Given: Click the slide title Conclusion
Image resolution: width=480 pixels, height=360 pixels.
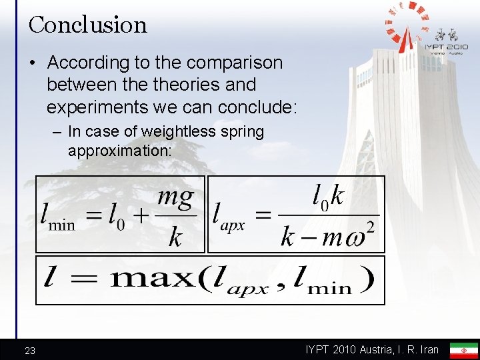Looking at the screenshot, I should point(87,25).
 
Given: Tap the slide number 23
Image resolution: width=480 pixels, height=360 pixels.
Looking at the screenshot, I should point(31,351).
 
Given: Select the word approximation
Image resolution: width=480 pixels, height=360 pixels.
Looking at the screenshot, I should point(119,151).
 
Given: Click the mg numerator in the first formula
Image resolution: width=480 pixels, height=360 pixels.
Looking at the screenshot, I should point(175,197).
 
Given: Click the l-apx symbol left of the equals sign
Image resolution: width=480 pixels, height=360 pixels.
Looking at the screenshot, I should point(228,216).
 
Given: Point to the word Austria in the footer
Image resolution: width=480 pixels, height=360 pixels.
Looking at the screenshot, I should point(383,350).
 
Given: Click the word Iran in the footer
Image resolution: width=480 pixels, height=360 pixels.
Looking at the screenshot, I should point(427,350).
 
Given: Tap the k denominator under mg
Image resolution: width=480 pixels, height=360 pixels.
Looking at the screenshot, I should point(175,237).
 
